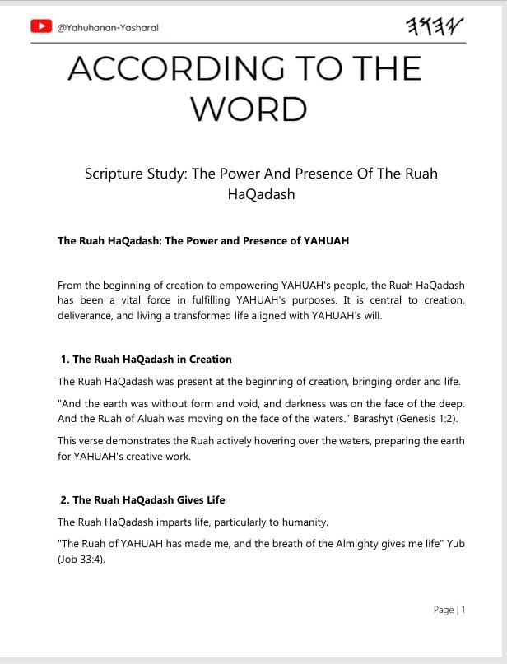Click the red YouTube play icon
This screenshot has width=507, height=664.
[41, 26]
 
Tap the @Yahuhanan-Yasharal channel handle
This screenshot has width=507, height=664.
[107, 27]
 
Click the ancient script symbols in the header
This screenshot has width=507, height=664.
[435, 26]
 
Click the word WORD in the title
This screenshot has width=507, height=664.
[249, 108]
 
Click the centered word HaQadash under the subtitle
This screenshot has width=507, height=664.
[261, 195]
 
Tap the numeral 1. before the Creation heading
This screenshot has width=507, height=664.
[65, 360]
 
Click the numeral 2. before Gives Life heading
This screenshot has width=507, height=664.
[65, 500]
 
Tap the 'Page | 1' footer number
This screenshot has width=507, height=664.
[449, 610]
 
